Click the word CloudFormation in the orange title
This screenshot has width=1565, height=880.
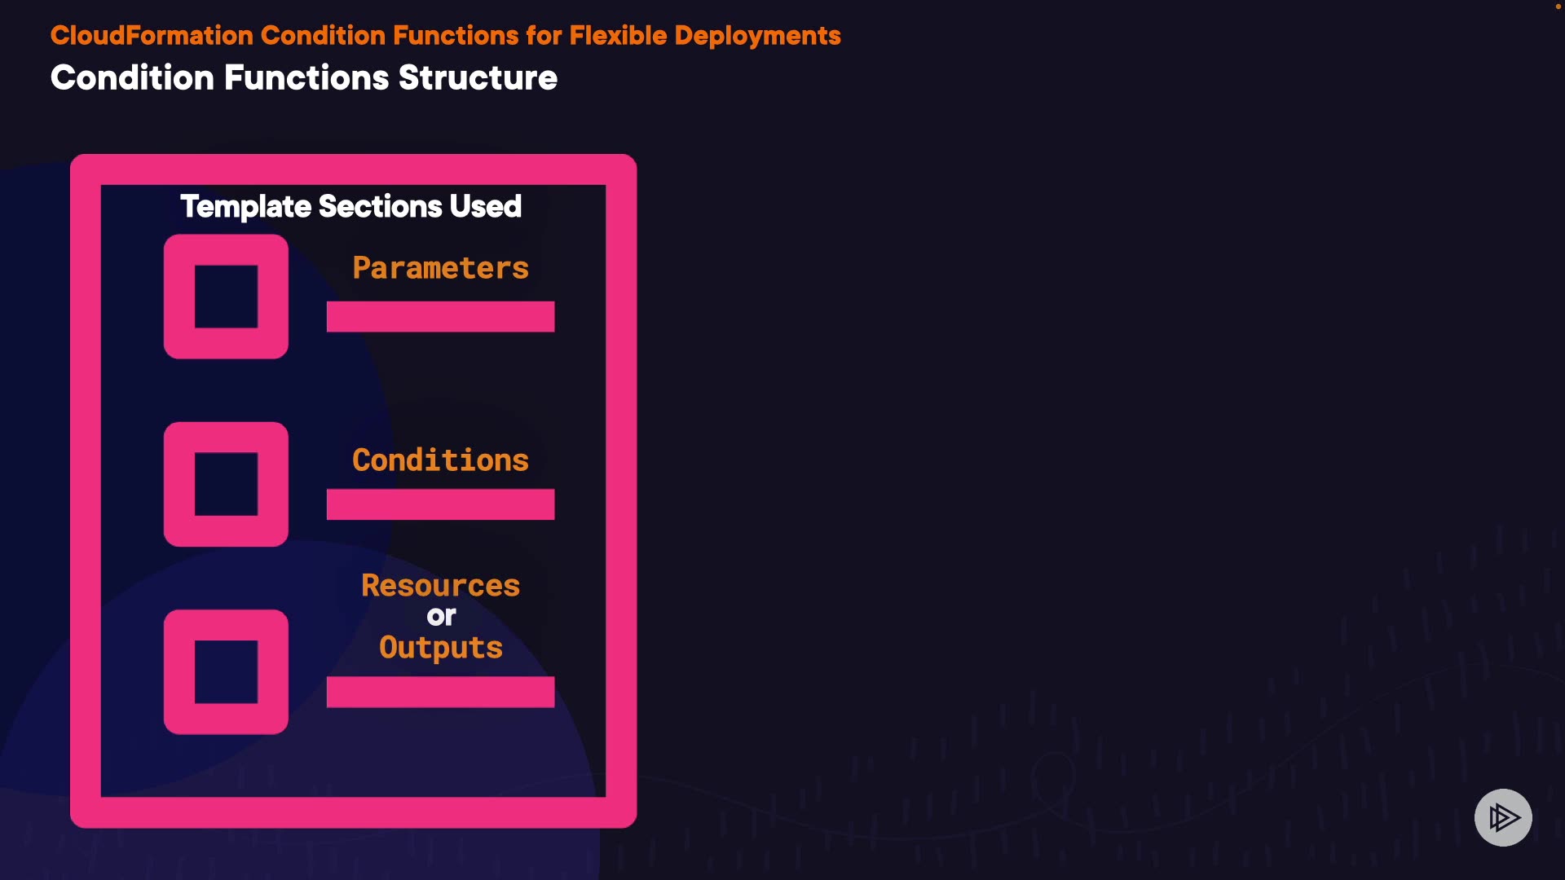[152, 36]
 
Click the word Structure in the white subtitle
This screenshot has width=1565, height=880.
[478, 78]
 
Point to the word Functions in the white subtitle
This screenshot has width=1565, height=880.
[306, 78]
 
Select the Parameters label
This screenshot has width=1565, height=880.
[440, 268]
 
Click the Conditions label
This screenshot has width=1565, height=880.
[440, 460]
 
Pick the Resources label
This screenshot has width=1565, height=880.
[440, 586]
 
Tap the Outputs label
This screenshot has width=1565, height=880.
[440, 648]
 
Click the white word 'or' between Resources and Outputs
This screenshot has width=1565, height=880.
[441, 617]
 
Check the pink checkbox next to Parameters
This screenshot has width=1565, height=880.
[226, 297]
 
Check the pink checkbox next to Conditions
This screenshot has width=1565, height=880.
[226, 484]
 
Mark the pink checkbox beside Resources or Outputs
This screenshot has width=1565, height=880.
[226, 671]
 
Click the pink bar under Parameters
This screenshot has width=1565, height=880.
[440, 316]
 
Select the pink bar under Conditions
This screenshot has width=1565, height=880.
[440, 504]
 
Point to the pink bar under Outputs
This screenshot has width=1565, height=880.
[440, 692]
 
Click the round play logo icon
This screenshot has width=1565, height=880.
[1503, 817]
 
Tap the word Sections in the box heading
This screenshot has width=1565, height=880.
[380, 207]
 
